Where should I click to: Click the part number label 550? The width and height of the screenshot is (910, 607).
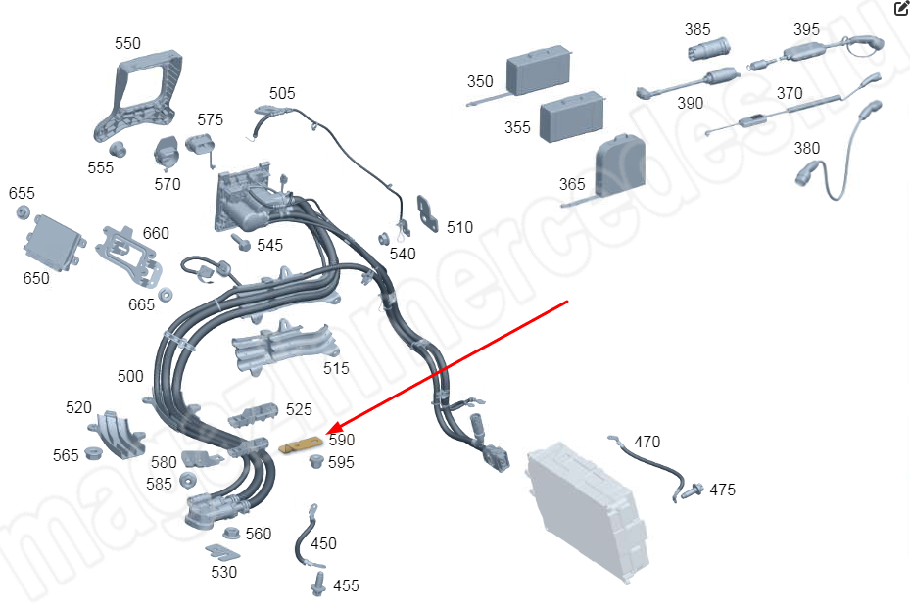(127, 44)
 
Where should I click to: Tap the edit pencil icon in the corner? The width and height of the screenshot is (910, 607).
(901, 9)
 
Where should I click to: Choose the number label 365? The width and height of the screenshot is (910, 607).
(572, 184)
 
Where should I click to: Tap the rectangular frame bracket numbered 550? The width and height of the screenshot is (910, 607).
(142, 99)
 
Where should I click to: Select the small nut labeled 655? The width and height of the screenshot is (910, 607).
(24, 214)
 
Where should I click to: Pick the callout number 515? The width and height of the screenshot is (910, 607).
(337, 368)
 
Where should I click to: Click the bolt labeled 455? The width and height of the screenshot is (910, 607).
(318, 584)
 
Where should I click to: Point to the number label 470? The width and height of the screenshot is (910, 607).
(647, 442)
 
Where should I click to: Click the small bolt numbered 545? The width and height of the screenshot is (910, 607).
(239, 241)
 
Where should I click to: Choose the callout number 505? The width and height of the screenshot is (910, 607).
(282, 93)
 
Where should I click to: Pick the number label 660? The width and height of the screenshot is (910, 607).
(156, 233)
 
